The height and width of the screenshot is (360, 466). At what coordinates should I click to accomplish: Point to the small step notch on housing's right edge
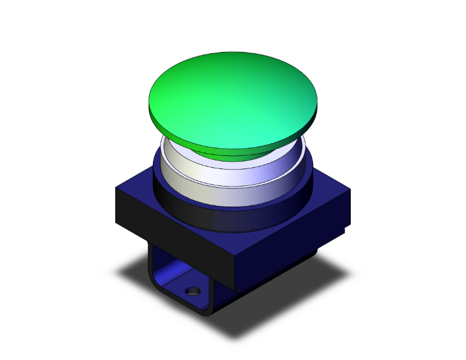tap(345, 230)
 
